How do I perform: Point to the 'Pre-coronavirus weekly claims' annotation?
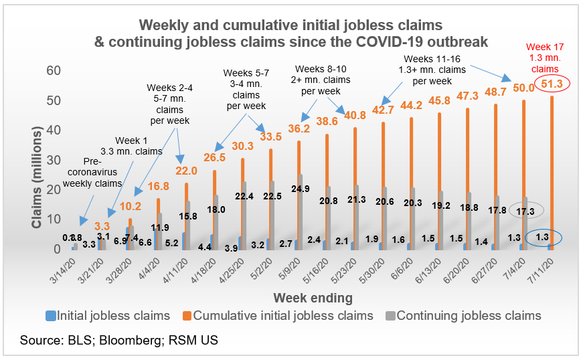(93, 172)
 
